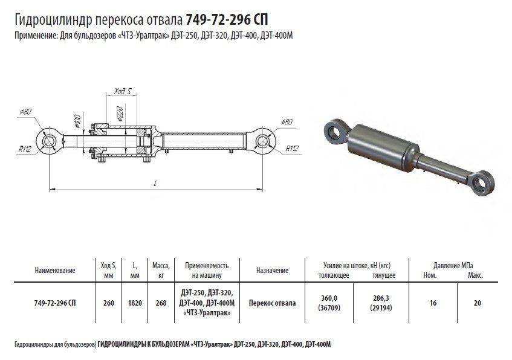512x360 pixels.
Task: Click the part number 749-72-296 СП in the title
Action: (227, 19)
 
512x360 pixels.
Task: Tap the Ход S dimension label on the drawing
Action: (122, 91)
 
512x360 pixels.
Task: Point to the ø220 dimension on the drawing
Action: (119, 114)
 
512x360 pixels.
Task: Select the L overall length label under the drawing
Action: (156, 184)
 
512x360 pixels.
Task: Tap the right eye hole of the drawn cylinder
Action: (262, 141)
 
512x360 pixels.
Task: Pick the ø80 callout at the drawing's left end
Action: (25, 111)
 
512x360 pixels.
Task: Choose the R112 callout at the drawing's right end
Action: (292, 149)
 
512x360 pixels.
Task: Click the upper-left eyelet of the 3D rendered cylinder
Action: (335, 131)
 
